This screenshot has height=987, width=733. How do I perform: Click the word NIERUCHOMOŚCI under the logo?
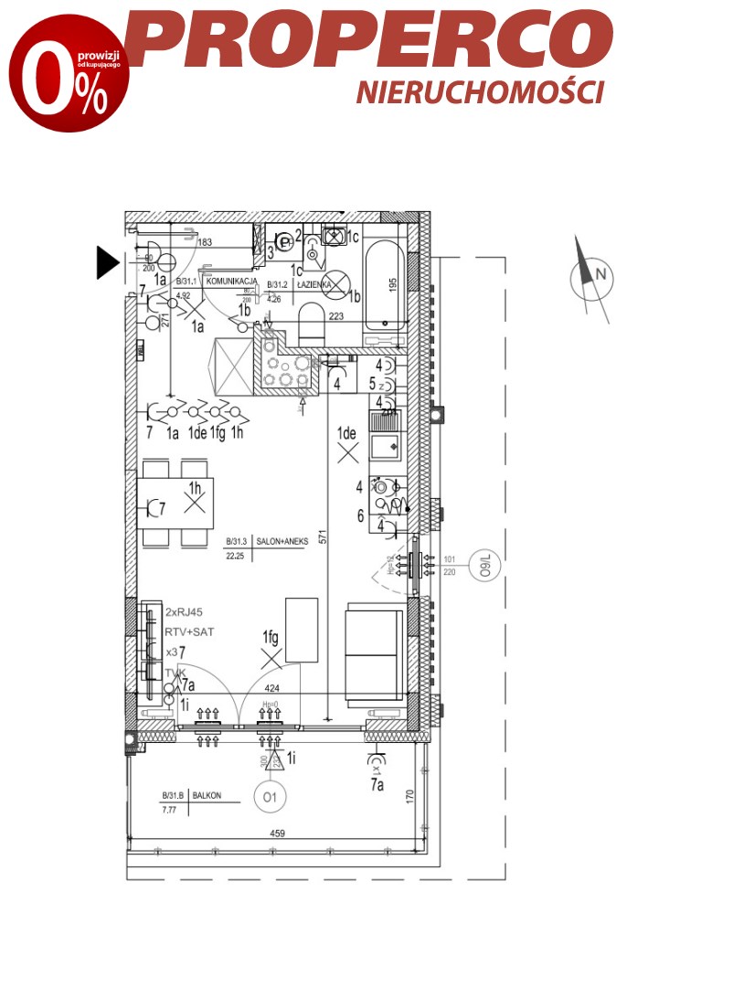point(480,91)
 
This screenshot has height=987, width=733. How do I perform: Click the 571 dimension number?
point(323,539)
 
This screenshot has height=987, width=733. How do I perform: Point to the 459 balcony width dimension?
point(278,833)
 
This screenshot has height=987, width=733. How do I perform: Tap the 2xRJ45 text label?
point(187,611)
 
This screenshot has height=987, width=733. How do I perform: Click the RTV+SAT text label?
point(189,631)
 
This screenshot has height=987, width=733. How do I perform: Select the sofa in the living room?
point(373,651)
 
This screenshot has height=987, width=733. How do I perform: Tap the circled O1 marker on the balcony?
point(270,797)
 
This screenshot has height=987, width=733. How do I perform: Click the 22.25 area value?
point(237,553)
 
